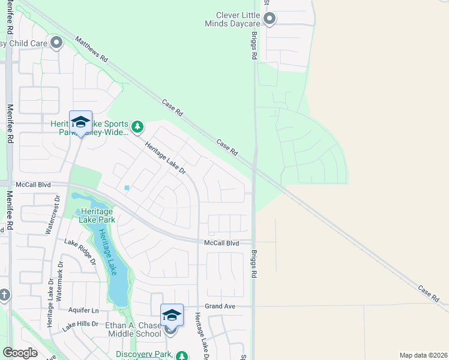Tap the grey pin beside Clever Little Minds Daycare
click(270, 19)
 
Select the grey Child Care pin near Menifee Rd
click(57, 42)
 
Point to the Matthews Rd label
click(91, 50)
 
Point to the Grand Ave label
click(219, 306)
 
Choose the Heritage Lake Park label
click(96, 215)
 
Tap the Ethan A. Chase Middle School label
click(133, 329)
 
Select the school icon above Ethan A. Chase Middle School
click(172, 315)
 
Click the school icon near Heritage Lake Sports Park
click(80, 122)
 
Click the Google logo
click(20, 353)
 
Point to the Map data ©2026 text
click(423, 355)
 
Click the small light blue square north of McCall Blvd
click(127, 188)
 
